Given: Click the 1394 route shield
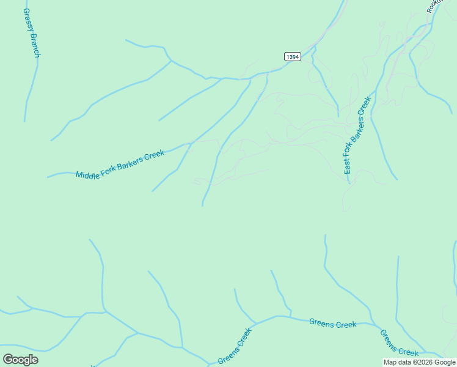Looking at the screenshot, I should coord(293,56).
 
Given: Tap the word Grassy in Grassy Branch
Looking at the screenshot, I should coord(28,22).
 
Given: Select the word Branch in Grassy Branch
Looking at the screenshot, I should coord(35,46).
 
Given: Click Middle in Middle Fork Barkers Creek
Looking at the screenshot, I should coord(87,174).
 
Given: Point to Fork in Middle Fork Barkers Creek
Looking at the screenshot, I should coord(108,168).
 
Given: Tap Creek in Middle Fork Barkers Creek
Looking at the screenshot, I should coord(155,154).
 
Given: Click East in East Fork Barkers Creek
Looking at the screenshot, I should coord(347,165).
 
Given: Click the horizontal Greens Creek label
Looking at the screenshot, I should coord(332,324).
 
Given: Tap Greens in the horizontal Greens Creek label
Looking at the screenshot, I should coord(321,323).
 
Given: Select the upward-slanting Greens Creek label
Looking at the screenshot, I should coord(235,346).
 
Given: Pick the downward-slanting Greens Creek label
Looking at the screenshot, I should coord(399,343).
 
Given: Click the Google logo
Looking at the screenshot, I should coord(20,359).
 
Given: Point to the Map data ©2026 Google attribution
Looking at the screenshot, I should coord(419,362).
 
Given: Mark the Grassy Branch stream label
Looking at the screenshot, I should coord(32,34).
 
